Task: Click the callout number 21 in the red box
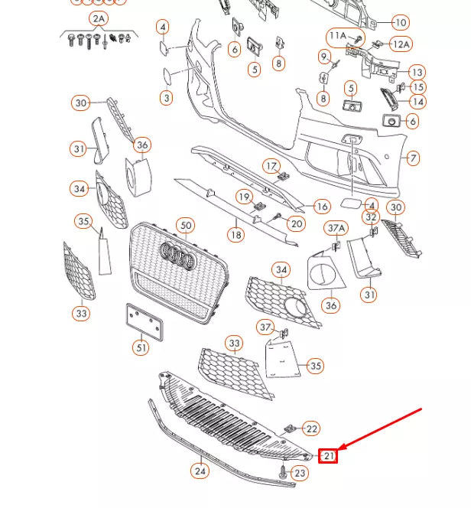point(328,456)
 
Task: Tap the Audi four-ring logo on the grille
point(177,256)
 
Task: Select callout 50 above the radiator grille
point(185,226)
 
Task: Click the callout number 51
point(141,348)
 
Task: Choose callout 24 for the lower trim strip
point(200,471)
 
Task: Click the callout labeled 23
point(300,474)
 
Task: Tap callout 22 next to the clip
point(312,429)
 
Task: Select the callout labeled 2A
point(99,18)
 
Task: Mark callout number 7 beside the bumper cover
point(413,158)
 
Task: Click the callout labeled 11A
point(337,36)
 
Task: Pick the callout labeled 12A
point(401,44)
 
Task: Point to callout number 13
point(416,73)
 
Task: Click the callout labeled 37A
point(336,228)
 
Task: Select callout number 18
point(235,235)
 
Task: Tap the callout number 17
point(272,166)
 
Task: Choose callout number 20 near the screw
point(297,223)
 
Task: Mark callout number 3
point(166,98)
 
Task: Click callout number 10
point(400,22)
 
